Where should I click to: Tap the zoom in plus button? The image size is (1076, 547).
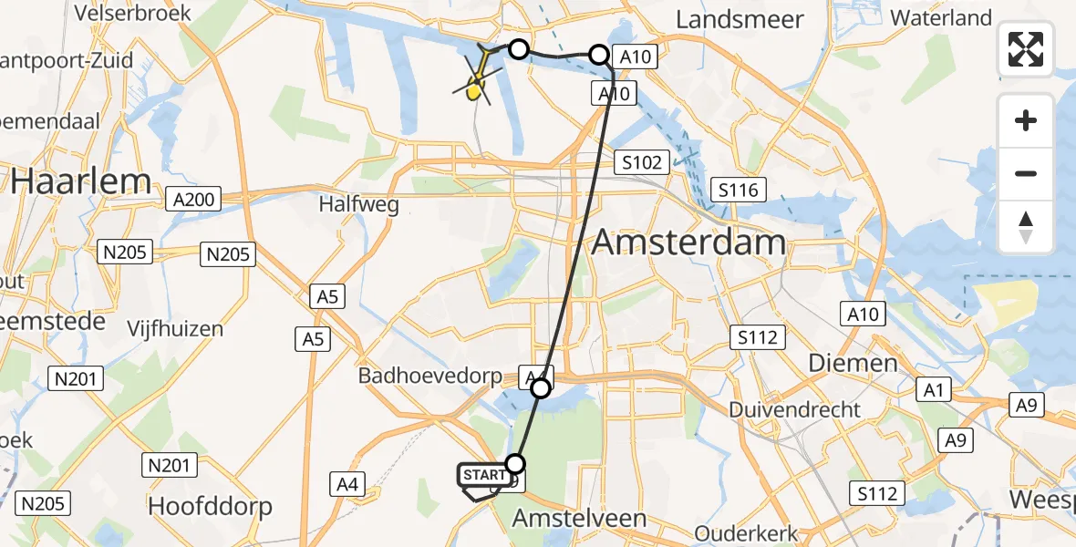coord(1026,120)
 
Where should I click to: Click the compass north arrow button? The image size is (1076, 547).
coord(1026,227)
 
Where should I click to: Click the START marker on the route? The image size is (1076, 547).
coord(483,476)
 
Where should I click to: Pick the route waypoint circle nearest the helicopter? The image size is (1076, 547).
coord(518,49)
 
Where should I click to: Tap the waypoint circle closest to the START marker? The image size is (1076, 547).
coord(516,462)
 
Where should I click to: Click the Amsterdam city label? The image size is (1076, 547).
coord(688,243)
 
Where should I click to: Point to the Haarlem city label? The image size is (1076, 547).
coord(80,181)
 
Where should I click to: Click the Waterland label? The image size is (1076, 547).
coord(940,17)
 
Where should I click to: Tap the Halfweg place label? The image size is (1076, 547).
coord(358,204)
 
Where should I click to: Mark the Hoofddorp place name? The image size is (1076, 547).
coord(210,506)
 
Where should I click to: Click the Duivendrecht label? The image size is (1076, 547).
coord(794,409)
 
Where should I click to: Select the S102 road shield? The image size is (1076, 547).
coord(642,162)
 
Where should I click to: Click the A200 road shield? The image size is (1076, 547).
coord(193,200)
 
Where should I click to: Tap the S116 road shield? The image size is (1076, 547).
coord(739,190)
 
